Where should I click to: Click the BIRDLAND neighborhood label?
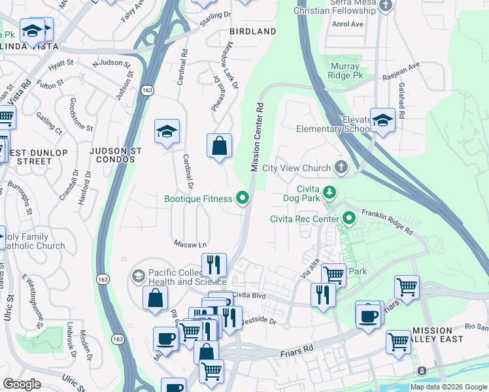click(x=252, y=31)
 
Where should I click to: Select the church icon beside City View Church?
click(x=341, y=168)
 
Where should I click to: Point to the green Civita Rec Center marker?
click(x=349, y=218)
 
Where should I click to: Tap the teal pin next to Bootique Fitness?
click(x=243, y=198)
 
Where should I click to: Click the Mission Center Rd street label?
click(x=256, y=137)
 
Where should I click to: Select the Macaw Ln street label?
click(x=186, y=244)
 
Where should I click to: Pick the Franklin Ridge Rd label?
click(x=387, y=221)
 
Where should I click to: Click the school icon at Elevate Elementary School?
click(x=382, y=120)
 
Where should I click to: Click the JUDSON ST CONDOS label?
click(x=116, y=155)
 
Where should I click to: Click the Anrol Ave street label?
click(x=347, y=24)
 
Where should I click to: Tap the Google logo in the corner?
click(x=21, y=384)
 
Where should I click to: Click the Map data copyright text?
click(x=448, y=387)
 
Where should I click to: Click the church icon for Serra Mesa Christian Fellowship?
click(x=386, y=6)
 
